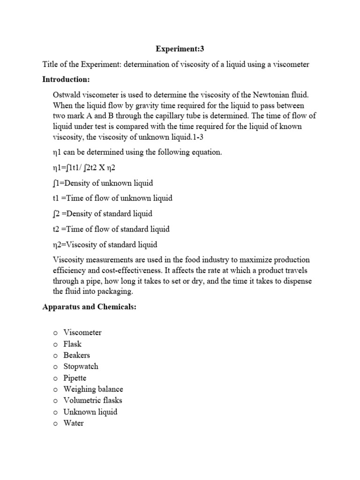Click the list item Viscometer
click(x=82, y=332)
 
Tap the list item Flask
click(x=73, y=344)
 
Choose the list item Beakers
click(x=77, y=355)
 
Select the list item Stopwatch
click(x=81, y=367)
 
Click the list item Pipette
click(x=75, y=378)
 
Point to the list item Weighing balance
click(x=93, y=389)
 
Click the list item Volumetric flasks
click(x=93, y=400)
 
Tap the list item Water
click(x=74, y=423)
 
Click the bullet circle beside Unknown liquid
click(x=55, y=412)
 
